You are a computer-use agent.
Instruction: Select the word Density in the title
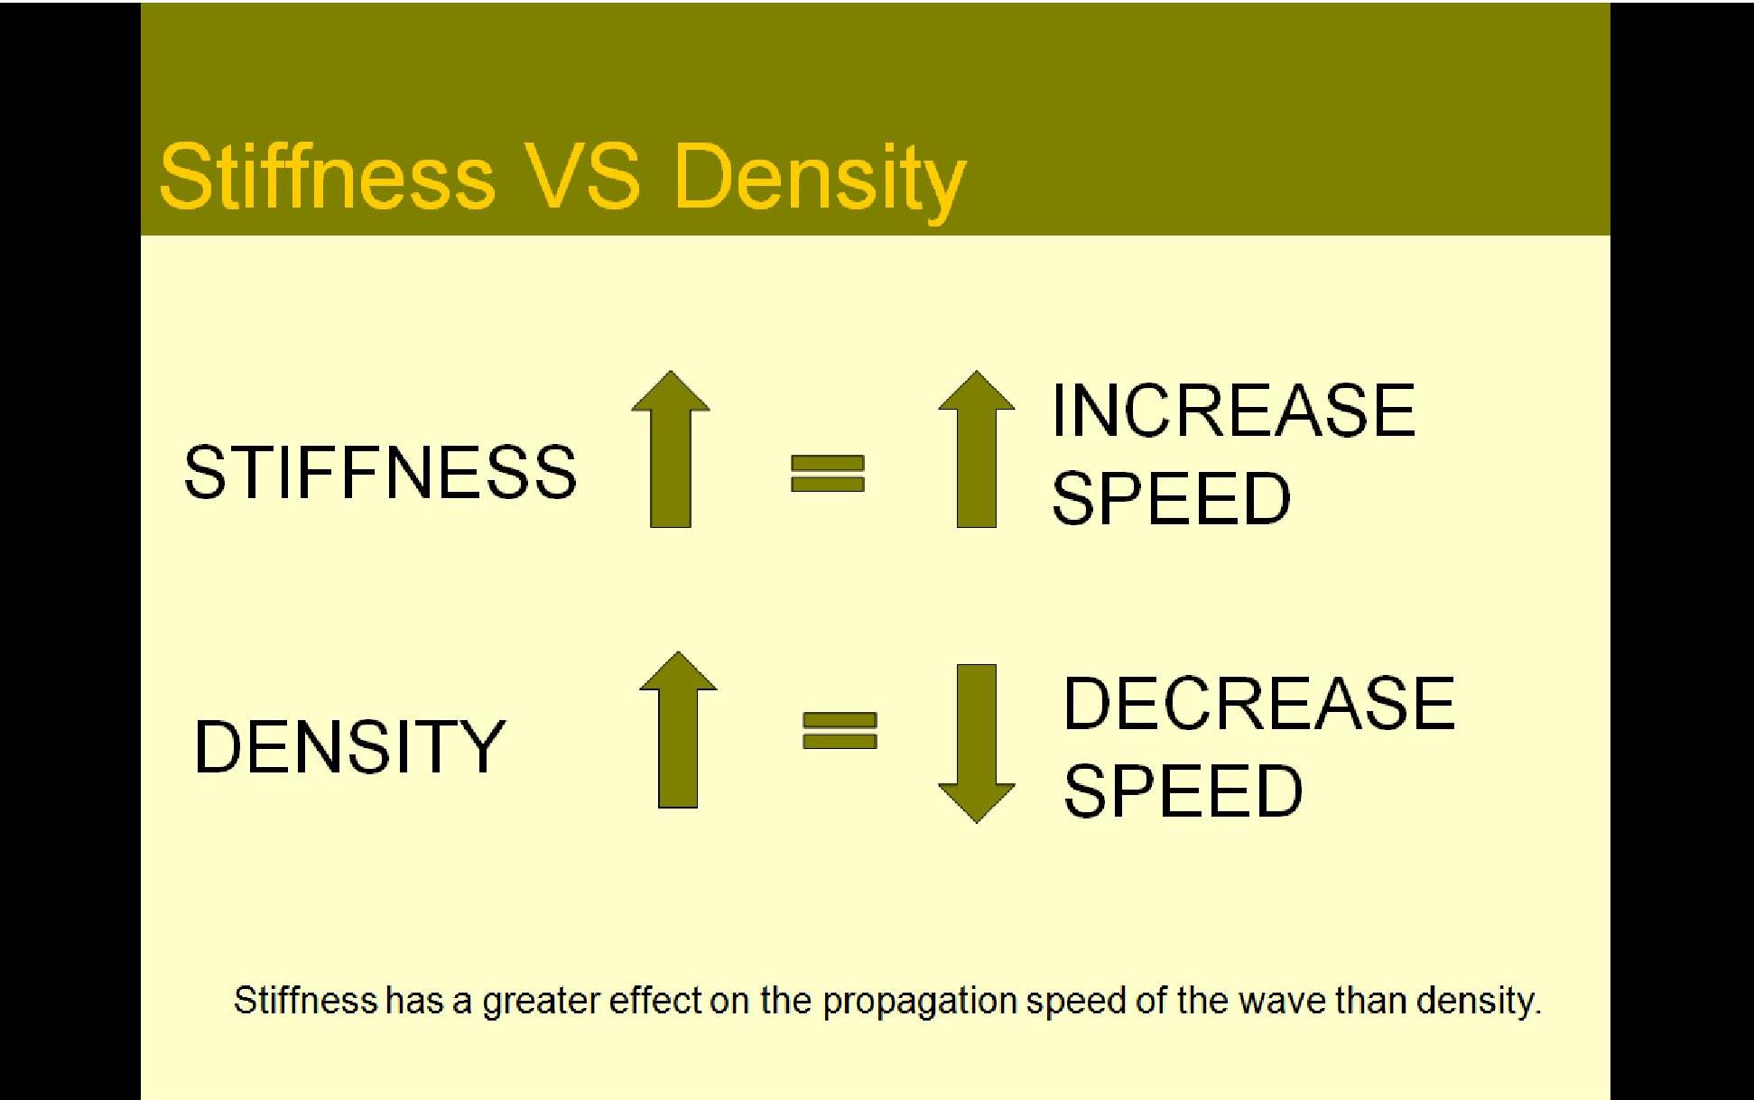(x=820, y=180)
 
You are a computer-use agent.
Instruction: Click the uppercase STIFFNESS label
(x=380, y=472)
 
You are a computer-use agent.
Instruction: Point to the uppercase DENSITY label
(x=349, y=746)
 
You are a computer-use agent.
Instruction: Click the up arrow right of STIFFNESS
(x=671, y=448)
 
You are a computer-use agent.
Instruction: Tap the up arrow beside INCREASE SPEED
(x=977, y=448)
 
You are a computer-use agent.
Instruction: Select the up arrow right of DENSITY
(x=678, y=729)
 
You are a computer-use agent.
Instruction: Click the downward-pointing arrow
(x=977, y=744)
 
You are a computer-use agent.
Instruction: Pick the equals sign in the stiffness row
(x=828, y=473)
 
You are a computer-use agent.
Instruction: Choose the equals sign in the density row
(x=840, y=730)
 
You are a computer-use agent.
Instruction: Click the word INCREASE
(x=1233, y=411)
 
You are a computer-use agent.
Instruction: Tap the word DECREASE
(x=1259, y=703)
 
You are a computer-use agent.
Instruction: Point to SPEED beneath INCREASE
(x=1172, y=498)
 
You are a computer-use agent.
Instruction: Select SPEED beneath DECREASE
(x=1183, y=790)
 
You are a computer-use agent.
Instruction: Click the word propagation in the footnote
(x=920, y=1003)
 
